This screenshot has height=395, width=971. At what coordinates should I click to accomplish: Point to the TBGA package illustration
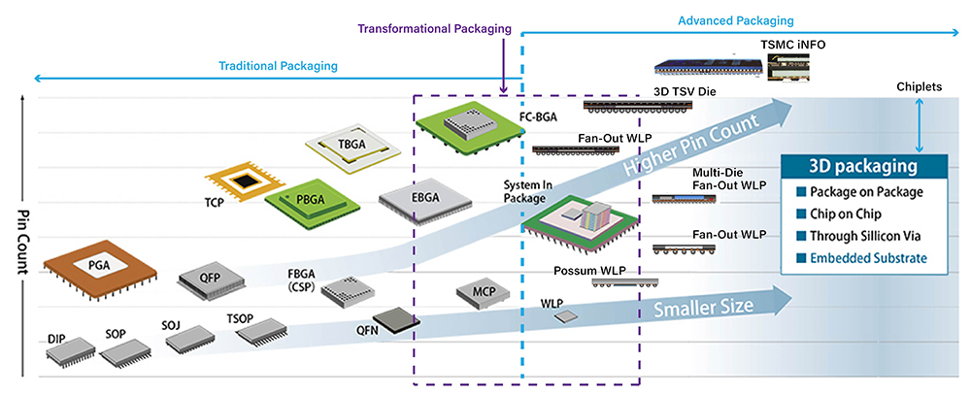353,145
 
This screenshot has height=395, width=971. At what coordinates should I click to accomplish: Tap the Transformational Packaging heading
433,29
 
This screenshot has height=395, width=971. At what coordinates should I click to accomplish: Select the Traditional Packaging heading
278,66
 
